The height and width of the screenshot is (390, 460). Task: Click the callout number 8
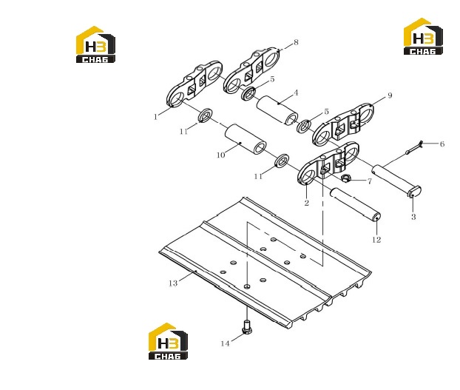coord(296,42)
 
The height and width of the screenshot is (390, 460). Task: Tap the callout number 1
coord(155,117)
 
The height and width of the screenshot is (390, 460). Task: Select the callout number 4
coord(296,93)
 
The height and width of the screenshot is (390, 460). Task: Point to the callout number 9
coord(390,95)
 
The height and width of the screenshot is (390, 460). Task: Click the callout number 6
coord(442,144)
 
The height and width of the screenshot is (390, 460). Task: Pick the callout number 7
coord(370,181)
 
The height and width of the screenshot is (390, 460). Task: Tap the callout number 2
coord(307,203)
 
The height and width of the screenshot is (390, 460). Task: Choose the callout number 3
coord(413,217)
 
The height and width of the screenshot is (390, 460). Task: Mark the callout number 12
coord(376,240)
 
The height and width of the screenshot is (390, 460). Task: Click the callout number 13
coord(173,283)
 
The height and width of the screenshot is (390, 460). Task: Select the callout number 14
coord(225,343)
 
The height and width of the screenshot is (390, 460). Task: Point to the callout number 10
coord(220,155)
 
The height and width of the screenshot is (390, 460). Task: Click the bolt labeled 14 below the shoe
coord(247,327)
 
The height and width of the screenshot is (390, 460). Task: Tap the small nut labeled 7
coord(346,178)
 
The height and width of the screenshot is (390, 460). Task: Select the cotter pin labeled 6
coord(414,147)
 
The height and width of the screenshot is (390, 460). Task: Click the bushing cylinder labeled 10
coord(246,139)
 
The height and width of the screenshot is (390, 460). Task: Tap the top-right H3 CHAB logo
coord(423,36)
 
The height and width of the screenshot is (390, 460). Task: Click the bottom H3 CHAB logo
coord(168,341)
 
